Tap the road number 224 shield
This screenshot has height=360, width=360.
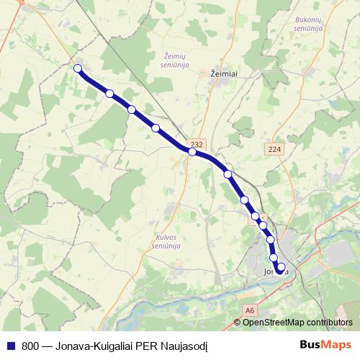[x=273, y=149]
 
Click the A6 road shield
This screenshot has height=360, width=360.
[x=249, y=310]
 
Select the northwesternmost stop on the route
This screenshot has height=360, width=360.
[x=78, y=69]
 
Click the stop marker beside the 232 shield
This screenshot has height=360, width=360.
[x=192, y=151]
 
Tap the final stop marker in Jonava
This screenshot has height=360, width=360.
[x=282, y=266]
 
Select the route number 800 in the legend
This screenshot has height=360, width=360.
[x=30, y=345]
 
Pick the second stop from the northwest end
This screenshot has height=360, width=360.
[x=109, y=94]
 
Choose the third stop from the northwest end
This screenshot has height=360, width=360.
[x=132, y=109]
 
